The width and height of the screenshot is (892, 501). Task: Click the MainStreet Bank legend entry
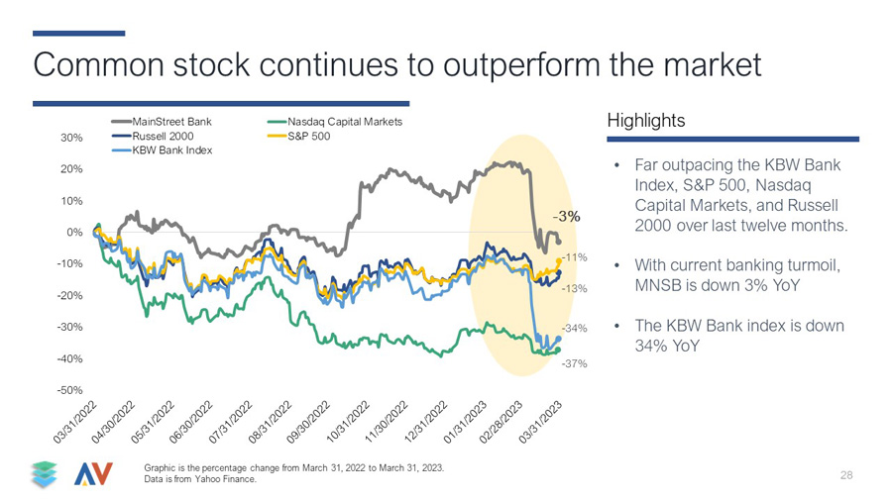pyautogui.click(x=162, y=122)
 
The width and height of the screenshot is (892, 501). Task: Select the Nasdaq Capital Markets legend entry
pyautogui.click(x=335, y=122)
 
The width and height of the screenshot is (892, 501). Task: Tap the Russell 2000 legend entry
pyautogui.click(x=153, y=137)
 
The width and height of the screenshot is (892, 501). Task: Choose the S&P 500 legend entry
pyautogui.click(x=298, y=137)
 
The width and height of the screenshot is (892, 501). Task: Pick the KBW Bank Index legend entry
pyautogui.click(x=162, y=150)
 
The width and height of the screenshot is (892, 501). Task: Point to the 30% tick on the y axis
pyautogui.click(x=71, y=138)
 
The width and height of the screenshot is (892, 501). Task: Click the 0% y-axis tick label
pyautogui.click(x=74, y=233)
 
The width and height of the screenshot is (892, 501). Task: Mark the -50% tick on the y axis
pyautogui.click(x=70, y=390)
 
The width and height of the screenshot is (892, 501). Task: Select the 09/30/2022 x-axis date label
pyautogui.click(x=308, y=422)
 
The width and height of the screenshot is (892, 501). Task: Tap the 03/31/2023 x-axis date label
pyautogui.click(x=540, y=422)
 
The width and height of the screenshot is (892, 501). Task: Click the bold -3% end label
pyautogui.click(x=567, y=217)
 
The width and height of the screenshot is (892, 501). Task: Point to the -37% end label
pyautogui.click(x=575, y=363)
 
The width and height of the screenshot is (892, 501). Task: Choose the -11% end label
pyautogui.click(x=575, y=257)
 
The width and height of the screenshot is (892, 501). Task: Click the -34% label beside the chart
pyautogui.click(x=575, y=329)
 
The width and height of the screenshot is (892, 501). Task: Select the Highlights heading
pyautogui.click(x=646, y=121)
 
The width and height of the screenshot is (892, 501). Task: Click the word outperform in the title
pyautogui.click(x=521, y=65)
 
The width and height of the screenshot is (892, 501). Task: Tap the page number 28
pyautogui.click(x=846, y=475)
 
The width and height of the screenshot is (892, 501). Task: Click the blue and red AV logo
pyautogui.click(x=93, y=474)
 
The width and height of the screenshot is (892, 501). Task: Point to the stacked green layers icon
pyautogui.click(x=45, y=474)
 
